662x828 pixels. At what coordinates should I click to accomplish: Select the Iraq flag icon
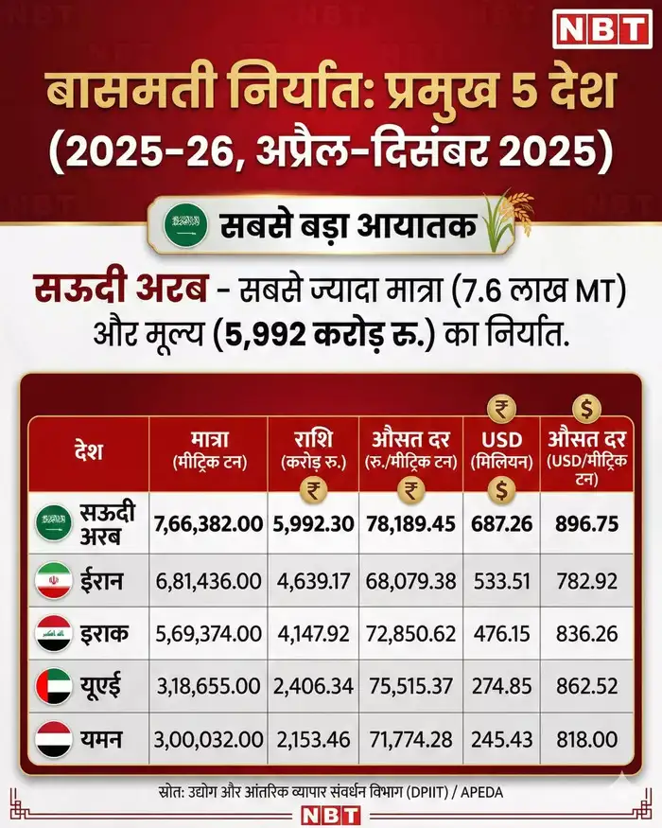[53, 631]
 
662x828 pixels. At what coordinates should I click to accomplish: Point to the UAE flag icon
[53, 683]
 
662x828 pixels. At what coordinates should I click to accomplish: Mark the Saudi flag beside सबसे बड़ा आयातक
[184, 226]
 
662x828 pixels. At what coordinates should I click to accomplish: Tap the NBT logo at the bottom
[330, 813]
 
